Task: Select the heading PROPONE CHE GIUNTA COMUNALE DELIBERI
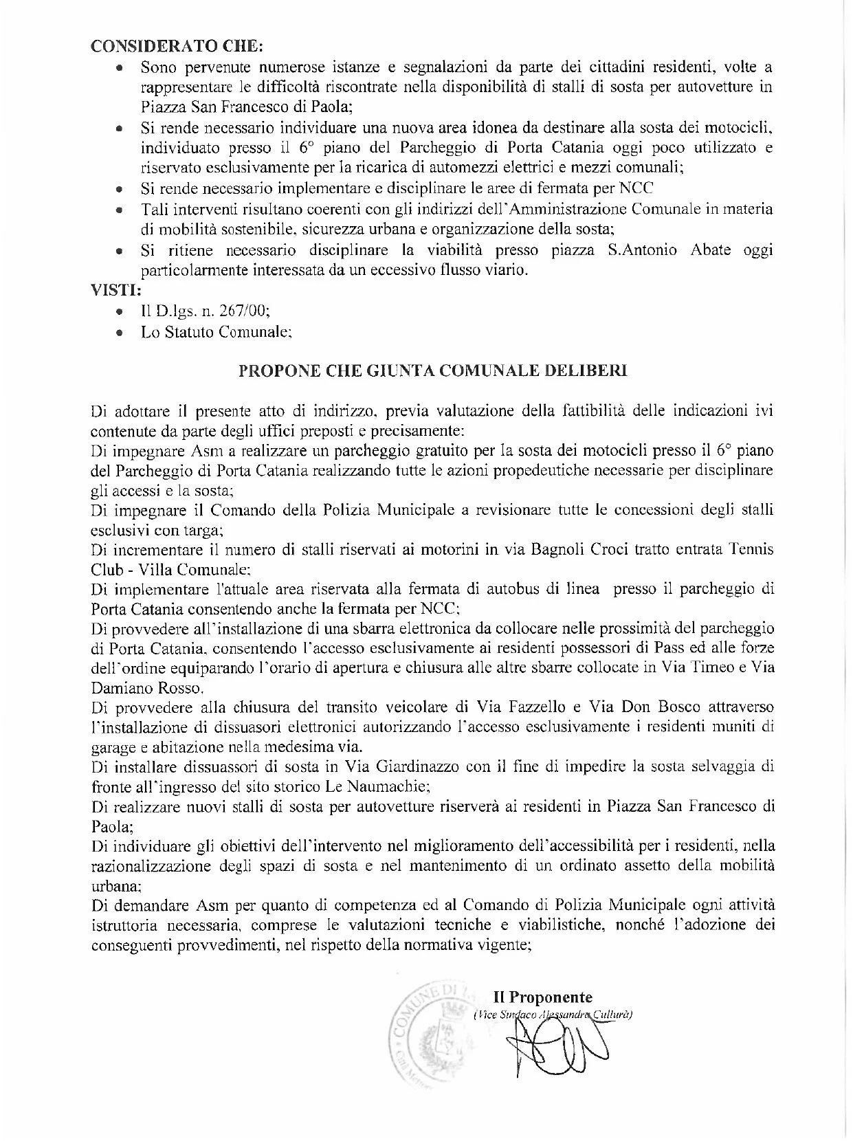432,371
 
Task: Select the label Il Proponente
542,997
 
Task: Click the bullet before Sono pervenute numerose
120,69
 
